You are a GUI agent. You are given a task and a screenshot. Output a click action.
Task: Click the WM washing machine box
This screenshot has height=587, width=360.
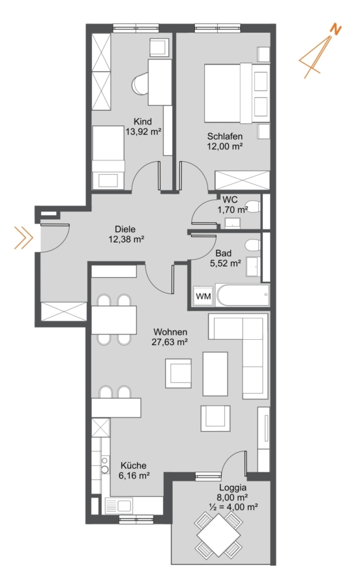coord(203,296)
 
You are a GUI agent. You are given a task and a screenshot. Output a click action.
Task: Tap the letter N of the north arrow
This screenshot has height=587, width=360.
coord(337,29)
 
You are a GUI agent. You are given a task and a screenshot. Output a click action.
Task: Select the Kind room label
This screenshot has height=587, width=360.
coord(143,121)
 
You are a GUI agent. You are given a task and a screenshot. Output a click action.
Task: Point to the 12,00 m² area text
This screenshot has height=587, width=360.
coord(225,146)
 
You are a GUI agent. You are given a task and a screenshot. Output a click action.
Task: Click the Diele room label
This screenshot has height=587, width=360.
coord(125,229)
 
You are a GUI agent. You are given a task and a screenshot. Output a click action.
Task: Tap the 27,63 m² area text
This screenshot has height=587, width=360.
coord(170,342)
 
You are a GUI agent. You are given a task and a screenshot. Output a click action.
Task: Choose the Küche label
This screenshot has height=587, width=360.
coord(133,465)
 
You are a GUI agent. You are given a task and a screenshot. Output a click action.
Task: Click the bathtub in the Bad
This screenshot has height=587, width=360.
coord(243,295)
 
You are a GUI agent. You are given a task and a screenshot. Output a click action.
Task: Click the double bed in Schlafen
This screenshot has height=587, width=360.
coord(237,93)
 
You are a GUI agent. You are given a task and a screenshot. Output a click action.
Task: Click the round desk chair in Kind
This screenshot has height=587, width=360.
coord(141,84)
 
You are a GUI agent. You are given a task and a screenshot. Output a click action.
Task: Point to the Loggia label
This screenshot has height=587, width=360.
coord(233,488)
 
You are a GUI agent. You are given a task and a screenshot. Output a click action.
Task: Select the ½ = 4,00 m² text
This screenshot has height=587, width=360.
coord(233,507)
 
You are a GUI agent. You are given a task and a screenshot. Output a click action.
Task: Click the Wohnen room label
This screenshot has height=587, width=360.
coord(170,332)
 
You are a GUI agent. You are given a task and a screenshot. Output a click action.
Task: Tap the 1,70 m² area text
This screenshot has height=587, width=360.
coord(233,209)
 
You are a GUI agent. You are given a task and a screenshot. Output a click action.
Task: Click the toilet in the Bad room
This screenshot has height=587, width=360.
coord(252,246)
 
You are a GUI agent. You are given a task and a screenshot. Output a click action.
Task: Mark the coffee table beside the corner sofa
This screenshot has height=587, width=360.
coord(215,374)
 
